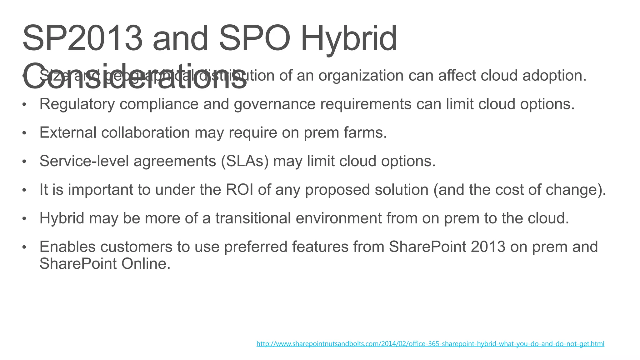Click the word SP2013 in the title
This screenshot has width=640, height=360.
click(x=82, y=39)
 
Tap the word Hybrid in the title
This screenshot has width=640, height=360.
click(x=348, y=39)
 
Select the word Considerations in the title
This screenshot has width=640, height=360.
click(x=134, y=76)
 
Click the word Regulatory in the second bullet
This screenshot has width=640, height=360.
click(x=77, y=104)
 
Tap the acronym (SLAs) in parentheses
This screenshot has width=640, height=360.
click(x=245, y=161)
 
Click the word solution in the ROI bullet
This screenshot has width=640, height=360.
click(x=401, y=190)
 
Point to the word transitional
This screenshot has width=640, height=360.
click(x=253, y=218)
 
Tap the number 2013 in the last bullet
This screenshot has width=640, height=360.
click(x=488, y=247)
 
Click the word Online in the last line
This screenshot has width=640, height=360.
click(x=146, y=263)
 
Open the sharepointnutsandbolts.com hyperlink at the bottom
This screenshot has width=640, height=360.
click(x=430, y=344)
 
